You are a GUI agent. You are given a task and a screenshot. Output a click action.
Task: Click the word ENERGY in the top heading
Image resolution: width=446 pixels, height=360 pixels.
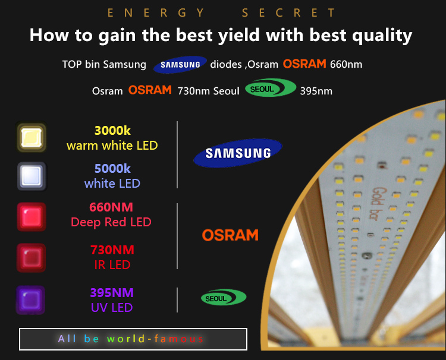click(x=156, y=13)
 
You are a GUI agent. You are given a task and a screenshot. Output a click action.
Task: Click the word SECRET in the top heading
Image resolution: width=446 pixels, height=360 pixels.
click(x=288, y=13)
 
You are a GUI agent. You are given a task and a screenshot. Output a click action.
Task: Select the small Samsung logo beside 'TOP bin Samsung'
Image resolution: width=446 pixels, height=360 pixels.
click(x=180, y=65)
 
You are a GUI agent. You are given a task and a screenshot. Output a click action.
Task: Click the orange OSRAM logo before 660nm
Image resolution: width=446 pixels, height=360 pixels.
click(x=304, y=64)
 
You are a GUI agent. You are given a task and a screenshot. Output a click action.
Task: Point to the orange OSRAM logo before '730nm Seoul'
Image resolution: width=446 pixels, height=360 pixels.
click(x=150, y=90)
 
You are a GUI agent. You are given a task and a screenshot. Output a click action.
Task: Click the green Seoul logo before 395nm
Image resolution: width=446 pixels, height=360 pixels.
click(x=271, y=88)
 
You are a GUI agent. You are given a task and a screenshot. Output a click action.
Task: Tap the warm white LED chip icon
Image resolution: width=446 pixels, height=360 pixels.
click(x=32, y=137)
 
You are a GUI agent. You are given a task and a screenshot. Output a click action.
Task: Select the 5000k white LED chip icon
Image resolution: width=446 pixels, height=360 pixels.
click(x=32, y=176)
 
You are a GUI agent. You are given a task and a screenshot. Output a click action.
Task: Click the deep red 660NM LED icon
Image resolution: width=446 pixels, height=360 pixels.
click(x=32, y=217)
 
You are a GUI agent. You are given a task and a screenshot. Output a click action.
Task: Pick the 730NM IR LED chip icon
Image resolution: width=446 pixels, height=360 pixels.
click(x=32, y=258)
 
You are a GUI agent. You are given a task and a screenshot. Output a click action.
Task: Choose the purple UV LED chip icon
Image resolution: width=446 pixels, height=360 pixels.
click(x=31, y=300)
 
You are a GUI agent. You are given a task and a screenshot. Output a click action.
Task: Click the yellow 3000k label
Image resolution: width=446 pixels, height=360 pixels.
click(x=112, y=131)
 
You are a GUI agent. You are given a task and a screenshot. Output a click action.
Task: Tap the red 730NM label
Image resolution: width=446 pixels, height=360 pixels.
click(x=112, y=250)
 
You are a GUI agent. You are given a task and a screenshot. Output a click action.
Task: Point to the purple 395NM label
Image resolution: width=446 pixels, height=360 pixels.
click(x=112, y=293)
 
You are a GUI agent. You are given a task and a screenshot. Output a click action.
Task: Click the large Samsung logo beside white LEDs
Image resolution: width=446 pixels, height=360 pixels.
click(x=238, y=153)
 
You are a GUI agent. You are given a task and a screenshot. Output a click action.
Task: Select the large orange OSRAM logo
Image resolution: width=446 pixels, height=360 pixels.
click(x=230, y=235)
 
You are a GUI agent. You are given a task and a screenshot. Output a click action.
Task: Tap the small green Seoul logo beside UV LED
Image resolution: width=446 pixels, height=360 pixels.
click(x=224, y=298)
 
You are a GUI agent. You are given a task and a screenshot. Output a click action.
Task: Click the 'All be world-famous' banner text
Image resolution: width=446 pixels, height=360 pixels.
click(x=131, y=339)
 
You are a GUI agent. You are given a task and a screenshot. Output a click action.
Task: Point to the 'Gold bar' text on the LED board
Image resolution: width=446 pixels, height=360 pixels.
click(x=376, y=203)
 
